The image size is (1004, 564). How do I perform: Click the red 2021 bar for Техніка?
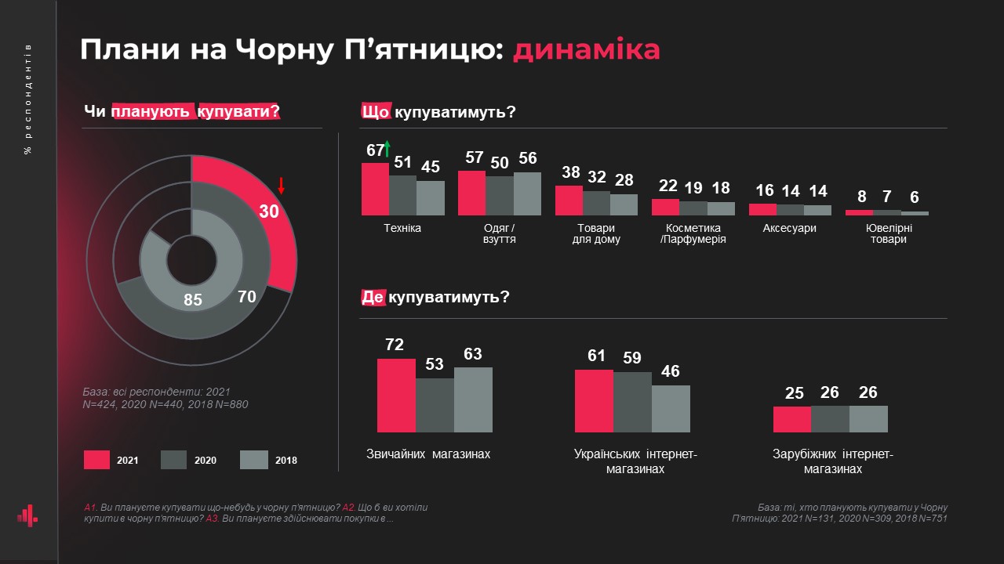pos(375,189)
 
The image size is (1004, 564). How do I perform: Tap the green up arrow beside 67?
pos(387,149)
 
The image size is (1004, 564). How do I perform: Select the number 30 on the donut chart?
pos(269,211)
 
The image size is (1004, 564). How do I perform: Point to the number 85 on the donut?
pos(193,299)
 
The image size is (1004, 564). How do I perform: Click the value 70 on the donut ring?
pos(247,296)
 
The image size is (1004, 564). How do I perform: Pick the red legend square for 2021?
pos(96,460)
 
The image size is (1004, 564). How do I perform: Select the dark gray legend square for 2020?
pos(173,460)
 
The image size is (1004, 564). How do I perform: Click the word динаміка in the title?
pos(587,50)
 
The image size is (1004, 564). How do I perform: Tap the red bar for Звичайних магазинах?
pos(396,396)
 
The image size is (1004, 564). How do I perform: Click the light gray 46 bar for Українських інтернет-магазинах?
pos(671,408)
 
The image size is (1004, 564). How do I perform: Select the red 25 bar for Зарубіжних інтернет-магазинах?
pos(792,419)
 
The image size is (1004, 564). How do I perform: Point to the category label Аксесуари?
pos(789,228)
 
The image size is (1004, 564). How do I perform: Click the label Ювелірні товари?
pos(888,233)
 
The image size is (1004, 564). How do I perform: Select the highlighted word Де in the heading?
pos(373,298)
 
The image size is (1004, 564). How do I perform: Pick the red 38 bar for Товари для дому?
pos(569,201)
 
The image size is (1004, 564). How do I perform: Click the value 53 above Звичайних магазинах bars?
pos(435,364)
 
